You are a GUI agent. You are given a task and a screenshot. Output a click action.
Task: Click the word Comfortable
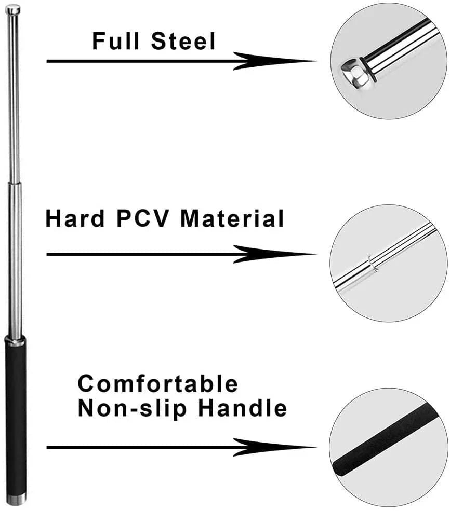click(158, 384)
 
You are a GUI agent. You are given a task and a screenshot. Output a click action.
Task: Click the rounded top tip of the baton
click(13, 9)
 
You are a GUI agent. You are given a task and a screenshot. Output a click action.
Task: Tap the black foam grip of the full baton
click(15, 415)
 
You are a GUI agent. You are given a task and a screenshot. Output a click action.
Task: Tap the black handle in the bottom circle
click(385, 436)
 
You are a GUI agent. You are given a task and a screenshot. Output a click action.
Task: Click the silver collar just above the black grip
click(15, 340)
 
